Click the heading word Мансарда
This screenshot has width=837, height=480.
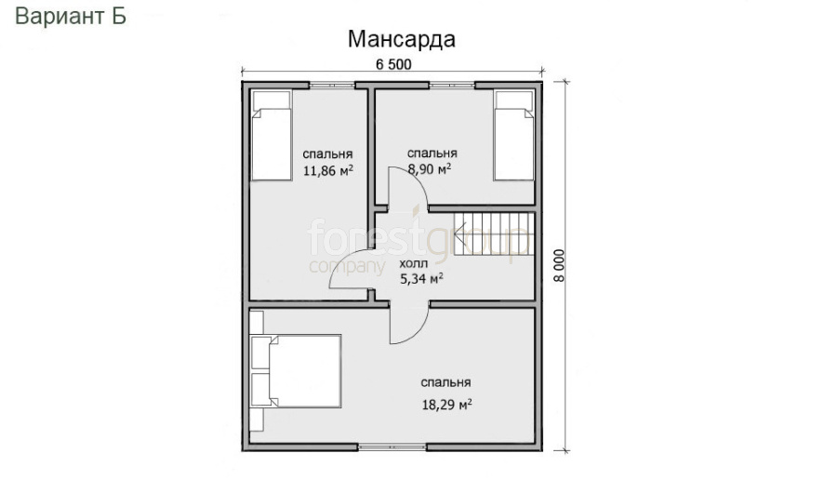402,39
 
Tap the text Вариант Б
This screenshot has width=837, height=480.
71,16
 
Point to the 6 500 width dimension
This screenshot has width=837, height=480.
393,64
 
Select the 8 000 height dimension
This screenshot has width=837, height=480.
558,266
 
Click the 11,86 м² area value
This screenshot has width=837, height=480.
327,171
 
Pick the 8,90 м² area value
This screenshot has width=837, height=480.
429,169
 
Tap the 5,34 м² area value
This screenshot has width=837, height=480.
421,278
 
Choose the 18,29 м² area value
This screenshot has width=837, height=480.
446,405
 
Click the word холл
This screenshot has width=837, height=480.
414,264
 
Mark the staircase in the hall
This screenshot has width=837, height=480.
494,233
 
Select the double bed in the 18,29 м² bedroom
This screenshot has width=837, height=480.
296,371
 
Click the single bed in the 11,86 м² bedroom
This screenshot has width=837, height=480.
272,136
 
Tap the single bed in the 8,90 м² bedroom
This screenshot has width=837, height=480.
514,136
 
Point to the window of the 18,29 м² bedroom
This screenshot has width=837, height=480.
392,447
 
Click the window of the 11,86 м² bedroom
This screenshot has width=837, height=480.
332,85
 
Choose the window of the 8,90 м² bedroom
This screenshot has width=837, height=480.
452,85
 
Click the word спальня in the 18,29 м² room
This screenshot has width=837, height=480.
445,383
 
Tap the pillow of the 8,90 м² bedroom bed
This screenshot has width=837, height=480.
513,100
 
